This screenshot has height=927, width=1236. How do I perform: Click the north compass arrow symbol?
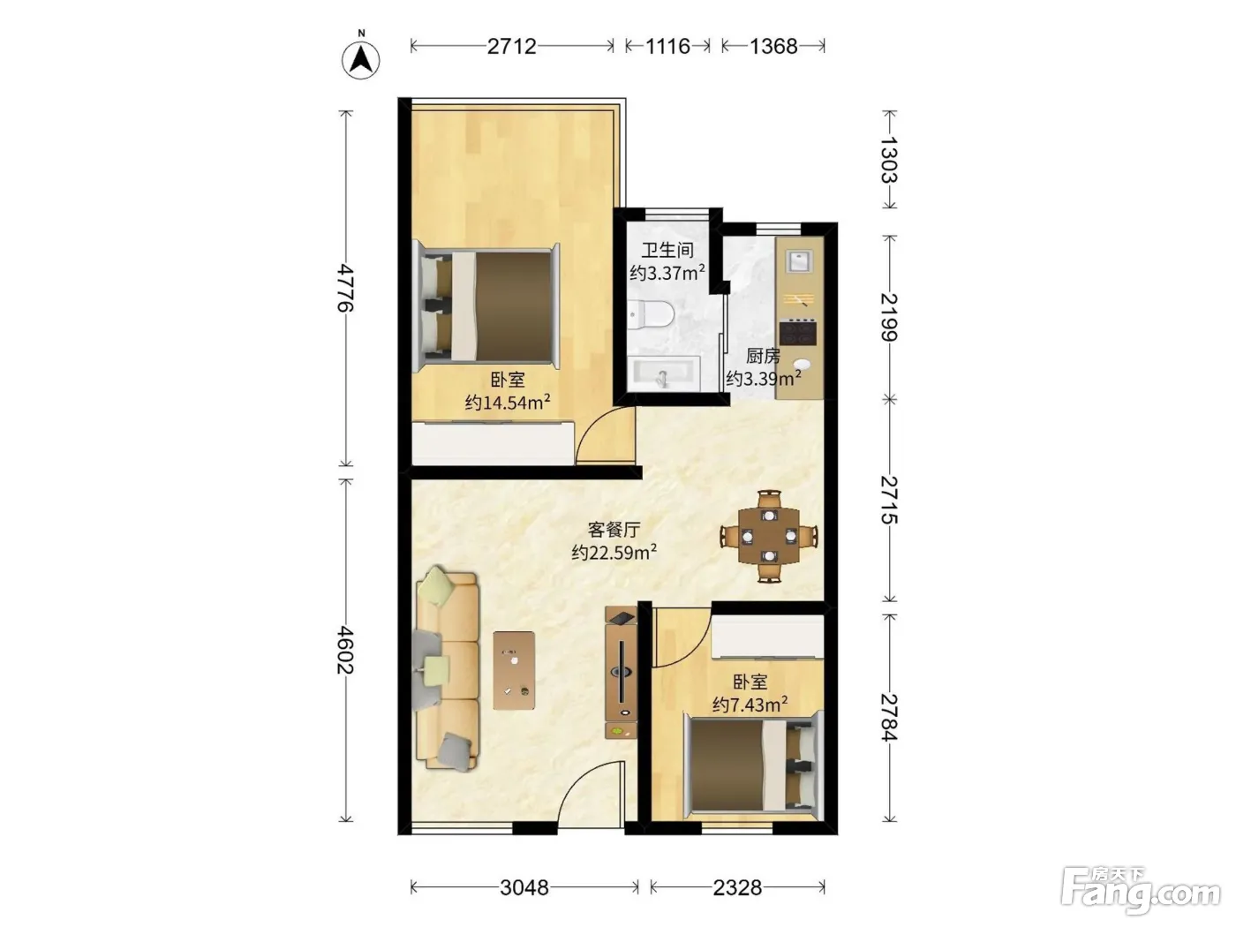[x=360, y=60]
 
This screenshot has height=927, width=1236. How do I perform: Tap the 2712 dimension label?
[x=511, y=46]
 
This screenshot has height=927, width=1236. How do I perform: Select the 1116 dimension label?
[x=667, y=46]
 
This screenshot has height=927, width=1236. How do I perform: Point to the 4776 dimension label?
[x=345, y=288]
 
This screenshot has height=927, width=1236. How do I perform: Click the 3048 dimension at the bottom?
[x=524, y=887]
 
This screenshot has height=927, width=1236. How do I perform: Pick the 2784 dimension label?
[x=889, y=717]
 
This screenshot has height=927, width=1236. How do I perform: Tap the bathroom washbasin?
[x=664, y=373]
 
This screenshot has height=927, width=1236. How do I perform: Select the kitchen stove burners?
[x=798, y=332]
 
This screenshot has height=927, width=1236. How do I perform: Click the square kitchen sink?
[x=799, y=260]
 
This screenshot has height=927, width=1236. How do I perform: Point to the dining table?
[x=769, y=537]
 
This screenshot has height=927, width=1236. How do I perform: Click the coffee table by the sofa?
[x=514, y=670]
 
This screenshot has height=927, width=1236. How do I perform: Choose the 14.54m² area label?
[x=508, y=403]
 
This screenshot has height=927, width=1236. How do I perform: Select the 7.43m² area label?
[x=750, y=705]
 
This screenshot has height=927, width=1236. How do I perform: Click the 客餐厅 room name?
[x=614, y=529]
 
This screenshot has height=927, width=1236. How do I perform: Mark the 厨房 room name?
[x=764, y=356]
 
